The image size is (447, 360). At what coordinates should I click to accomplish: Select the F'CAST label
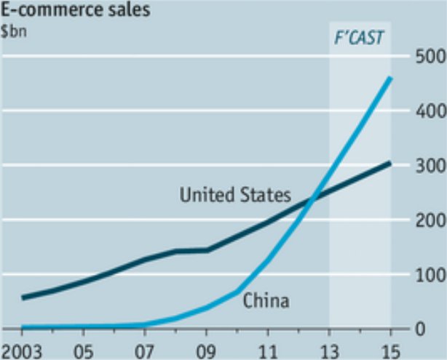[360, 38]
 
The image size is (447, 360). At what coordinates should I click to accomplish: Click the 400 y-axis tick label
[427, 111]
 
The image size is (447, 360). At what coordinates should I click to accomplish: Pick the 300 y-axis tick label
[427, 165]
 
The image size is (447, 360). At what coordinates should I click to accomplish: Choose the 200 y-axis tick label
[427, 220]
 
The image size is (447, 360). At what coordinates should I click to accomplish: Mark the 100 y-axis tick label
[427, 274]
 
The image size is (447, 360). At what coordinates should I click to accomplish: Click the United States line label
[234, 194]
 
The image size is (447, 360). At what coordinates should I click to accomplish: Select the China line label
[266, 300]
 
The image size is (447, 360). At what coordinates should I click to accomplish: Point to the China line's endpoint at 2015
[391, 78]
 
